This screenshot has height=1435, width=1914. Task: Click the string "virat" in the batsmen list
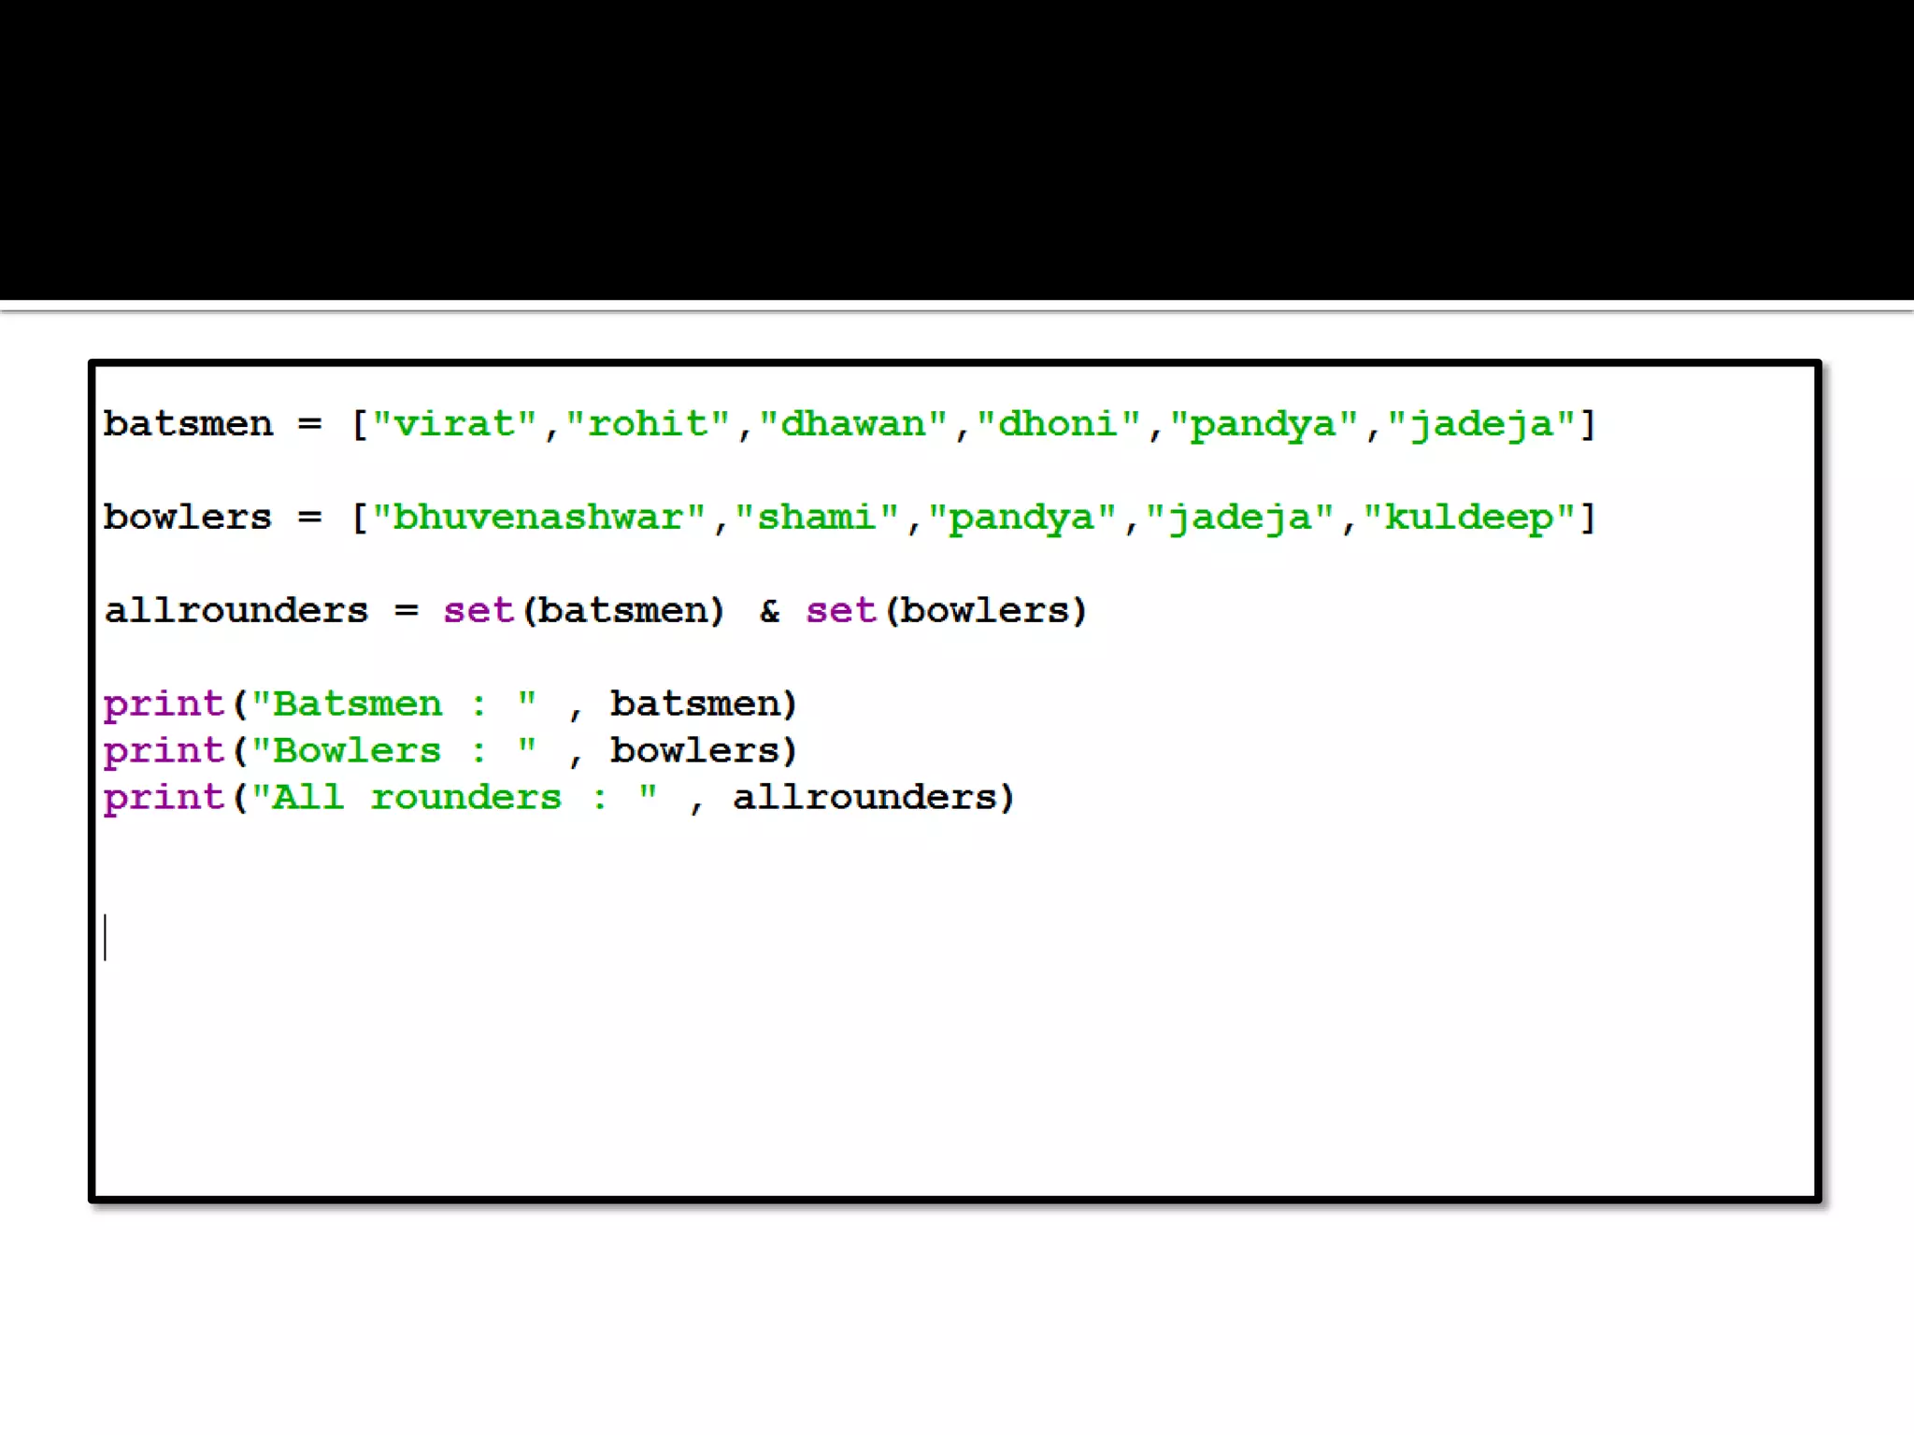tap(454, 425)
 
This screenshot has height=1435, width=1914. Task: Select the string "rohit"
tap(648, 425)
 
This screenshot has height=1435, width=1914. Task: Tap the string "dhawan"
tap(853, 425)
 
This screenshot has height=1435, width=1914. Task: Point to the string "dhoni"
tap(1058, 425)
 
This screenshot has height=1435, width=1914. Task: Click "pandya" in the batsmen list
tap(1264, 425)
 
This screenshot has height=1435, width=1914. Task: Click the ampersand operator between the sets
tap(769, 611)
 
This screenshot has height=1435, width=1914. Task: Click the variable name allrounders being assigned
tap(236, 611)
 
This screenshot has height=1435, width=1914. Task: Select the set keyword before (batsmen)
tap(478, 611)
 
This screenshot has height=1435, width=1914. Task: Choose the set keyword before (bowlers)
tap(840, 611)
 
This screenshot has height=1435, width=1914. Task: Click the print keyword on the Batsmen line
tap(164, 704)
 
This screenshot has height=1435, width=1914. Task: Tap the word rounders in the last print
tap(465, 798)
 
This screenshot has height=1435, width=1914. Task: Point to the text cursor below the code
tap(106, 937)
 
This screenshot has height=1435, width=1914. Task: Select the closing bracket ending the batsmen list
tap(1588, 425)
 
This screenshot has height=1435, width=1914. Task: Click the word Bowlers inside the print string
tap(356, 751)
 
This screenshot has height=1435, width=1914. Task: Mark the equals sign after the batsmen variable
tap(309, 425)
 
